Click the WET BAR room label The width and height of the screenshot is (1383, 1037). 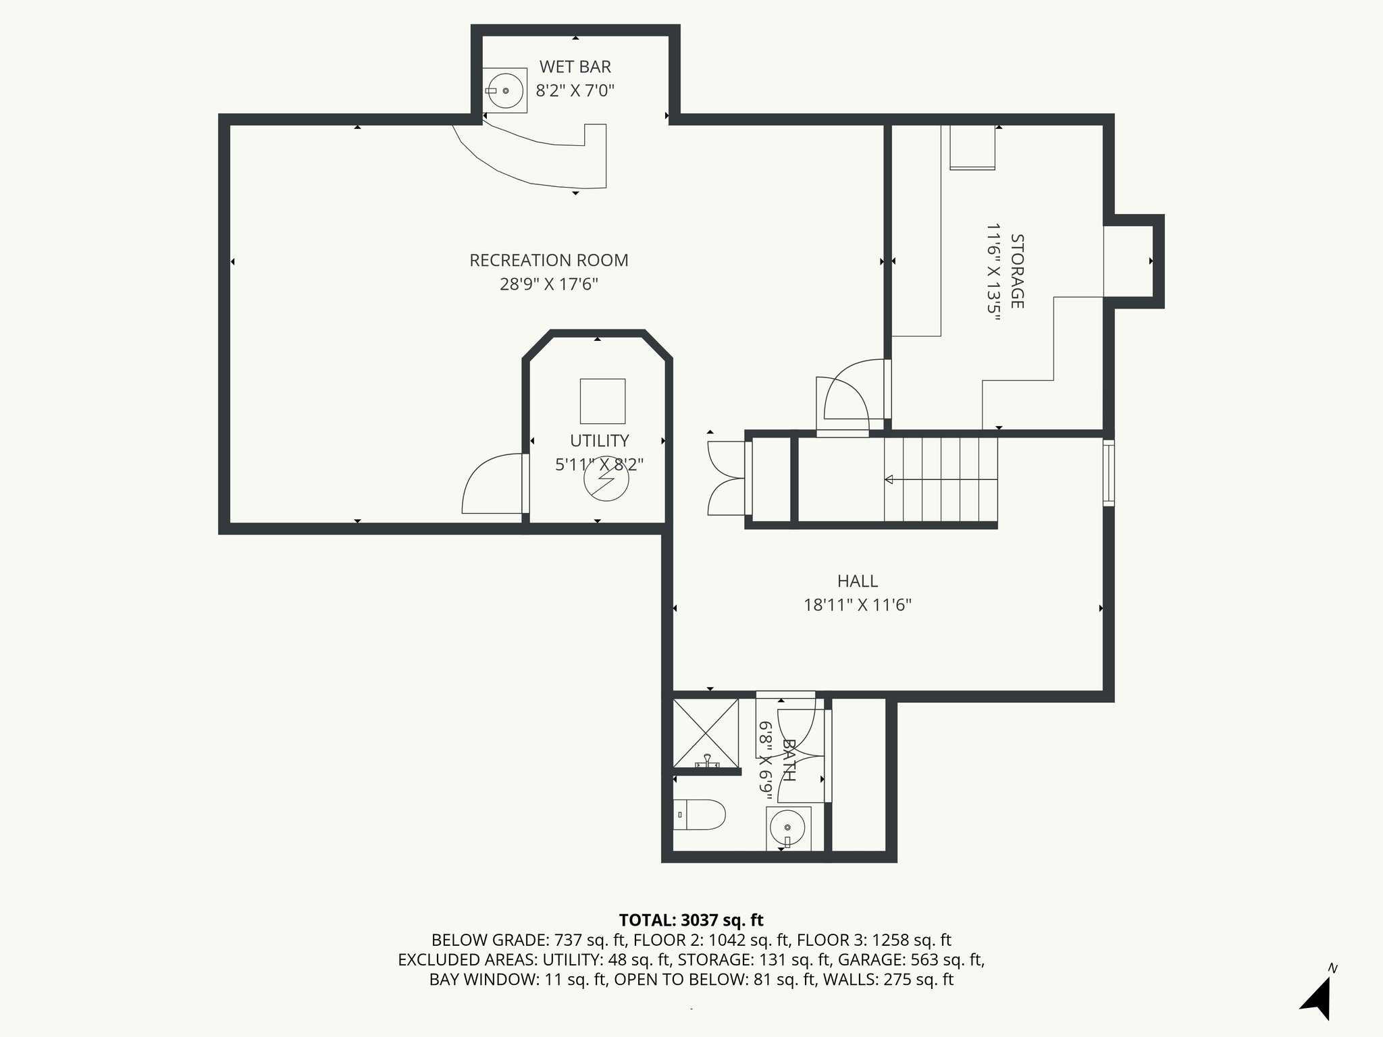click(x=575, y=67)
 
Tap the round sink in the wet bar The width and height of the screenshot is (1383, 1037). click(x=505, y=90)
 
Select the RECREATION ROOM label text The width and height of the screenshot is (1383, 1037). click(x=548, y=261)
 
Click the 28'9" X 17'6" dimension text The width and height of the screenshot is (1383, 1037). click(x=548, y=284)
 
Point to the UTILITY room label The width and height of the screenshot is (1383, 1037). click(x=599, y=441)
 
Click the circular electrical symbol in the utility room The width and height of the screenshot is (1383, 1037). click(x=606, y=479)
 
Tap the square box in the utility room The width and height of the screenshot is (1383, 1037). click(x=602, y=401)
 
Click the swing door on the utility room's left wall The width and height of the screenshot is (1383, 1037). click(x=492, y=485)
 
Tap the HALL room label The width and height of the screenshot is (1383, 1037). click(x=857, y=581)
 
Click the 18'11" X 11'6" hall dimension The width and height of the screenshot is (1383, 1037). click(x=857, y=605)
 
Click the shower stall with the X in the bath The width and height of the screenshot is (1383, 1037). click(x=706, y=733)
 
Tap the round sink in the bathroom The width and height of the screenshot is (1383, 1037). click(x=787, y=827)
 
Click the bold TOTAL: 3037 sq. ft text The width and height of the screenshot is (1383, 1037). click(x=691, y=920)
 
